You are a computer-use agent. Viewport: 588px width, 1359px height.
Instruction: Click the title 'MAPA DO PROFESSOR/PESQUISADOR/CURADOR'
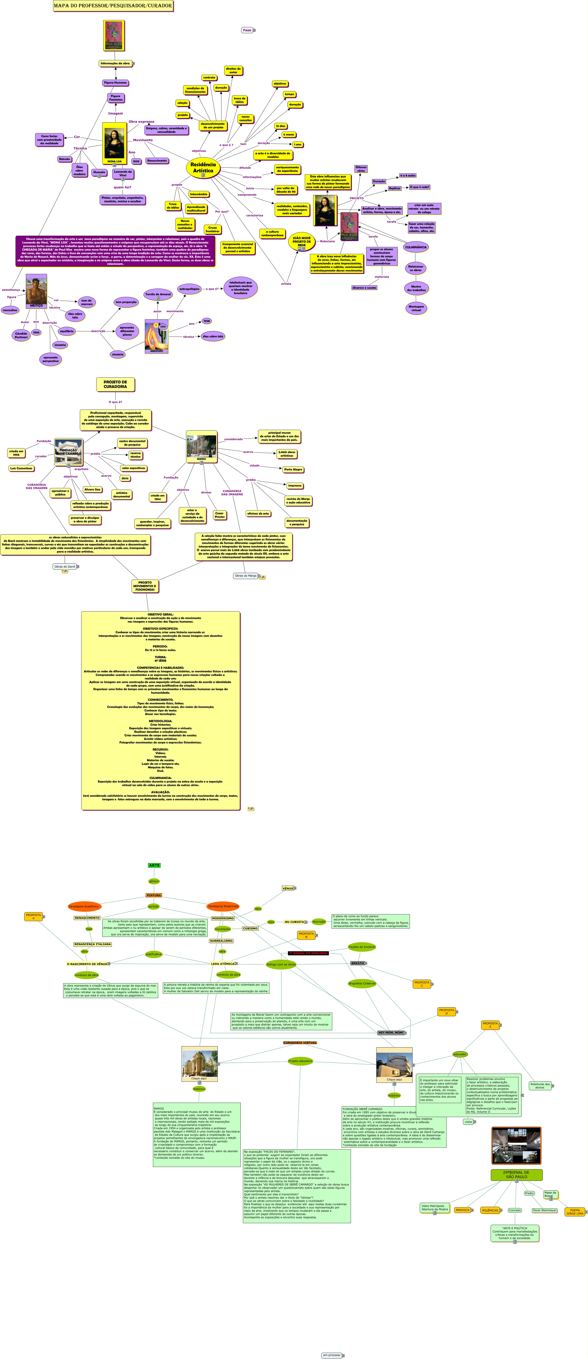[x=113, y=6]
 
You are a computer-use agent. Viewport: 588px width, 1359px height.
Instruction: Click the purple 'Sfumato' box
[x=99, y=172]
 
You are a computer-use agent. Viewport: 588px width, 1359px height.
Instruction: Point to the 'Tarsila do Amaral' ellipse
[x=158, y=294]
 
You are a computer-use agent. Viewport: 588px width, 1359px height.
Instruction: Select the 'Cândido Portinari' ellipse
[x=21, y=335]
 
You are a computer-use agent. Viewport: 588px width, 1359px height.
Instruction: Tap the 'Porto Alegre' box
[x=293, y=469]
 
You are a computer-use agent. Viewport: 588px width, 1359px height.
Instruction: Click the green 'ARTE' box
[x=154, y=865]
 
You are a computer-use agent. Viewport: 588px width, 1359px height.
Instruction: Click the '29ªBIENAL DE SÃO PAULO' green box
[x=516, y=1174]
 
